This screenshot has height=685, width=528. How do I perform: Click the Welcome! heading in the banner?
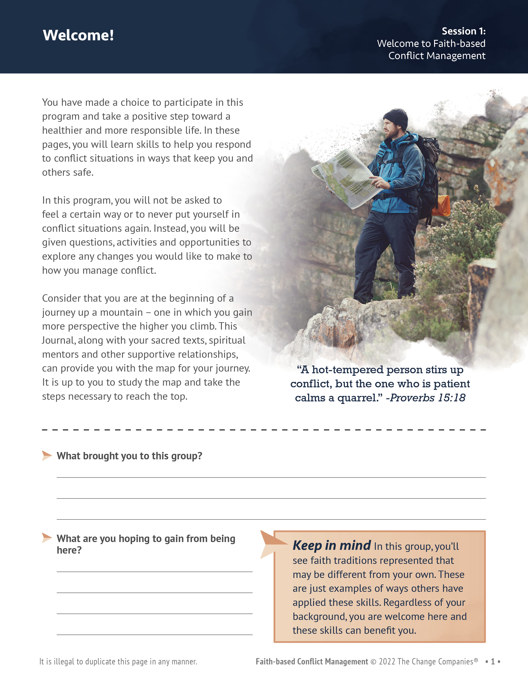78,35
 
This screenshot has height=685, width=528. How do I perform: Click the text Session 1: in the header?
463,31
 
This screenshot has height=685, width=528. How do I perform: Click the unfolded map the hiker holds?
345,177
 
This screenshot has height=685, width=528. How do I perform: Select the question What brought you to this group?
129,456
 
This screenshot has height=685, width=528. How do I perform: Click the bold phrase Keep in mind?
332,546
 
